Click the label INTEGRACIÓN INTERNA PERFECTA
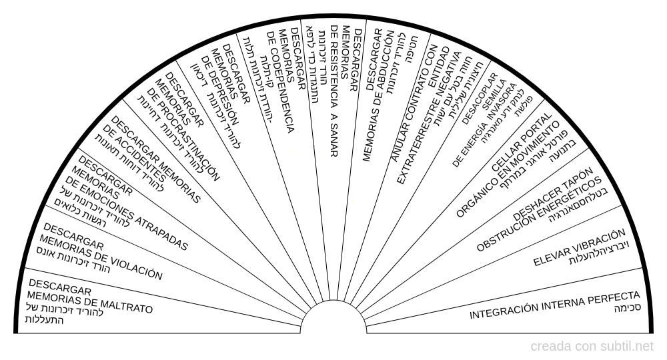(x=555, y=304)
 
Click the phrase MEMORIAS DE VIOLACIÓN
(x=100, y=257)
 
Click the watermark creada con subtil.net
(x=592, y=347)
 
